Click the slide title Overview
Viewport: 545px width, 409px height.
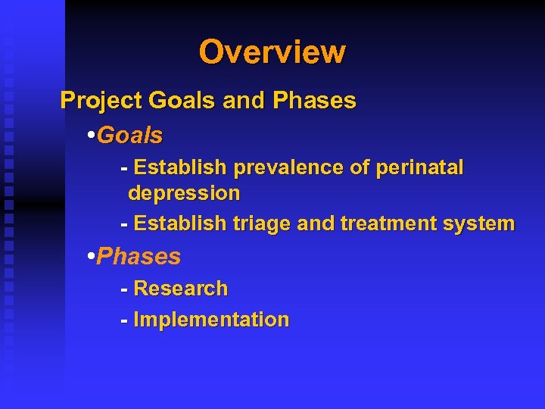click(x=272, y=52)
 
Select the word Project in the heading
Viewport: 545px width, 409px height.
click(x=101, y=101)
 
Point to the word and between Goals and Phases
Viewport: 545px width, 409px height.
click(x=242, y=101)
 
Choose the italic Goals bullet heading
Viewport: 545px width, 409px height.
click(x=130, y=136)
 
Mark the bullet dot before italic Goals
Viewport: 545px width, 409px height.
click(x=92, y=136)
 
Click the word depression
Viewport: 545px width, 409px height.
click(x=184, y=193)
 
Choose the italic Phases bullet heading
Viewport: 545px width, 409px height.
click(x=139, y=257)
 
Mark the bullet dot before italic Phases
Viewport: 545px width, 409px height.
click(x=92, y=258)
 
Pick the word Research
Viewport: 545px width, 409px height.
click(x=180, y=289)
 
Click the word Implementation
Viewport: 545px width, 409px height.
click(x=211, y=320)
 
